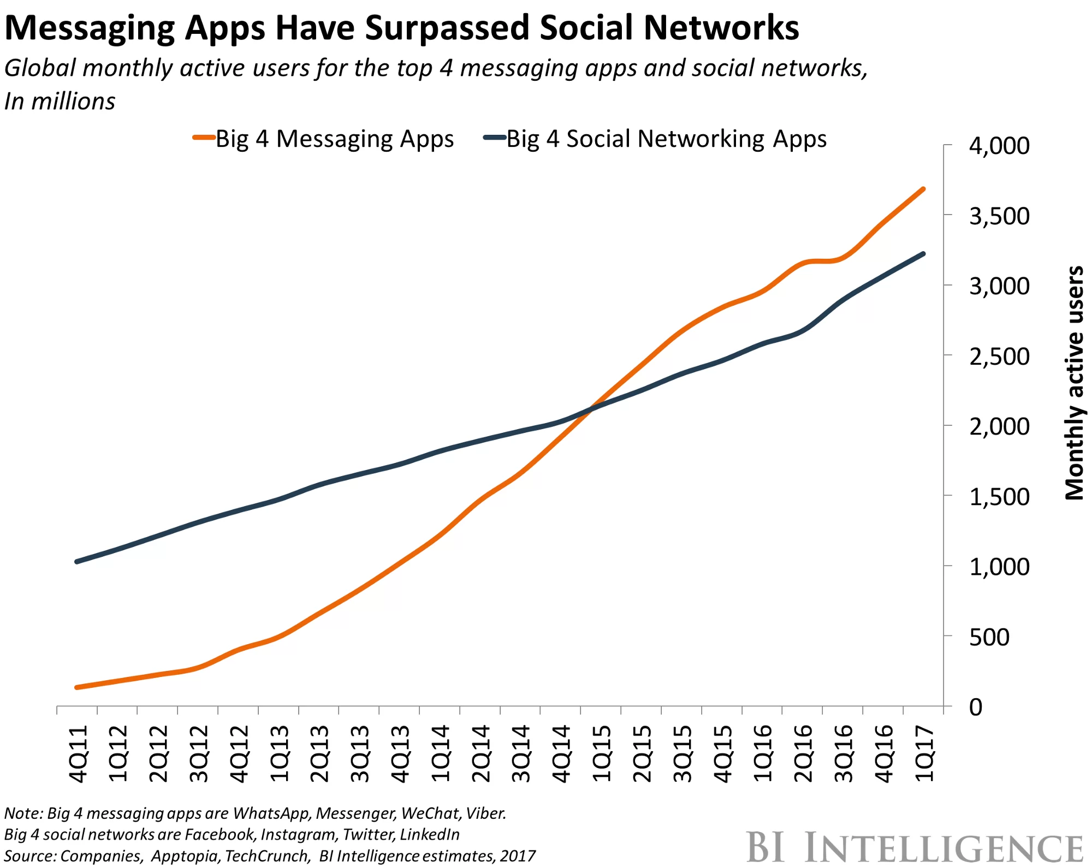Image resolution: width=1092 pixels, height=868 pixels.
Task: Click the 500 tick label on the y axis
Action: pyautogui.click(x=989, y=638)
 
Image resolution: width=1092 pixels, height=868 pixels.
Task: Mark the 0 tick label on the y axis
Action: pyautogui.click(x=976, y=708)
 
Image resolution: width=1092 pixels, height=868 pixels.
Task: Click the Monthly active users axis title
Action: pyautogui.click(x=1075, y=382)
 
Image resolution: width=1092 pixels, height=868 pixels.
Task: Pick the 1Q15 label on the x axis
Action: pyautogui.click(x=602, y=753)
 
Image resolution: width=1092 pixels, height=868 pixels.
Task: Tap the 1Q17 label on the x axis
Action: pyautogui.click(x=924, y=753)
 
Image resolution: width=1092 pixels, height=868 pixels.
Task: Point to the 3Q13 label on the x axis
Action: pyautogui.click(x=360, y=753)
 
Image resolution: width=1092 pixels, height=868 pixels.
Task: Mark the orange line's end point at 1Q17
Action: pyautogui.click(x=923, y=189)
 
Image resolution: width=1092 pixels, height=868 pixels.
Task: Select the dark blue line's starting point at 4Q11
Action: pyautogui.click(x=77, y=561)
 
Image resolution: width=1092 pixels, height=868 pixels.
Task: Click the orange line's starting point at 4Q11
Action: pyautogui.click(x=77, y=687)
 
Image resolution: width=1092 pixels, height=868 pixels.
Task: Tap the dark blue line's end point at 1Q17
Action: pyautogui.click(x=923, y=254)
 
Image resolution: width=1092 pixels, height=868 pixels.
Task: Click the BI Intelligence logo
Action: pyautogui.click(x=915, y=848)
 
